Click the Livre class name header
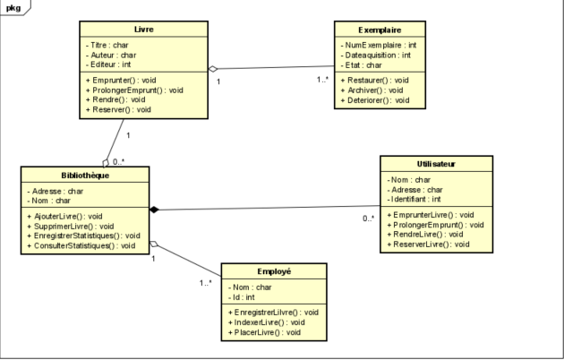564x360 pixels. pos(142,29)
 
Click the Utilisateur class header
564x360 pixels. pos(436,164)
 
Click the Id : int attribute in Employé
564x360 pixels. pos(246,296)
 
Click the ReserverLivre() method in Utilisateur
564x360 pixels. pos(432,244)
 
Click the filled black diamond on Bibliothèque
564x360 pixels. pos(153,210)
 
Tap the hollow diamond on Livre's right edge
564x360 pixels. pos(213,68)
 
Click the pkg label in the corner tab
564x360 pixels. pos(14,6)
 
